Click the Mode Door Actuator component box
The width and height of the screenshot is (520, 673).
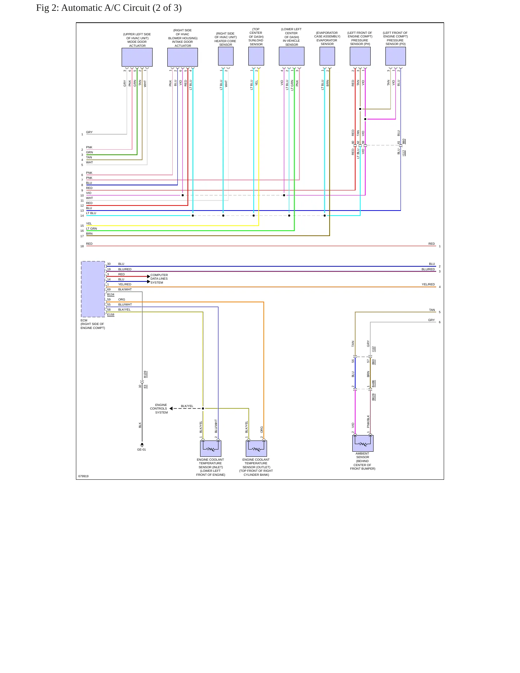tap(137, 57)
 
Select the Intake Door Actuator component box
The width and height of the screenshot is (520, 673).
tap(182, 57)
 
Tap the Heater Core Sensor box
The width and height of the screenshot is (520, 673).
tap(226, 56)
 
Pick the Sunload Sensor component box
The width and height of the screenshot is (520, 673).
tap(256, 56)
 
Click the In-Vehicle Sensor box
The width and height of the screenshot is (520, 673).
tap(291, 56)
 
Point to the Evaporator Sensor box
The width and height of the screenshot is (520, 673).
tap(327, 56)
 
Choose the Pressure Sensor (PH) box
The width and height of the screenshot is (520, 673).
tap(360, 56)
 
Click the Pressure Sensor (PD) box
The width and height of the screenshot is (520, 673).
tap(395, 56)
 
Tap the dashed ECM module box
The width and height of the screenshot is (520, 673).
tap(93, 289)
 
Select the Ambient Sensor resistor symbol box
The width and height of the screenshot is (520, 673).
tap(363, 443)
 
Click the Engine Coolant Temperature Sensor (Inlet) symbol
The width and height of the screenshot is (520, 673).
tap(211, 448)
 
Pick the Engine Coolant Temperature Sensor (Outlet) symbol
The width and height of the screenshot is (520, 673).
tap(256, 448)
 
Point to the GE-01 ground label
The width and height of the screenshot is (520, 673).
tap(141, 450)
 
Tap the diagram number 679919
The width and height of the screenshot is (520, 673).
tap(83, 476)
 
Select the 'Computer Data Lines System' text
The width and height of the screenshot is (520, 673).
tap(159, 279)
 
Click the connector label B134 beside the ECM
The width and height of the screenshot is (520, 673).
tap(110, 295)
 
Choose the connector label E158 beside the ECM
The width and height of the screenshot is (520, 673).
tap(110, 315)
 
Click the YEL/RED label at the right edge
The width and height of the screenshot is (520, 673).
tap(428, 284)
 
